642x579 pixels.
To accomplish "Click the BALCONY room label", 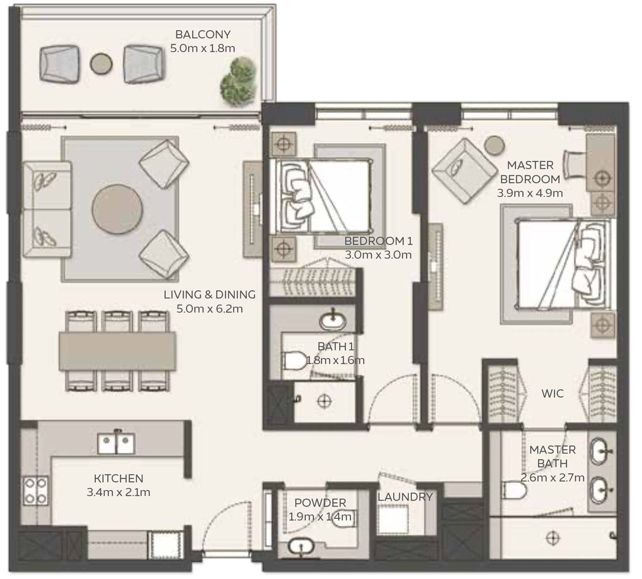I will click(203, 35).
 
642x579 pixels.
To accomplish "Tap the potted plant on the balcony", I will click(238, 80).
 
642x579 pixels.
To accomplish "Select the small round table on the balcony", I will click(101, 63).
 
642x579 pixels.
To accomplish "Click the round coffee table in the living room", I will click(117, 208).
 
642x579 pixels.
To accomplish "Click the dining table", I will click(117, 351).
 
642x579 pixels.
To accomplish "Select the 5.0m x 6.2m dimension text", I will click(210, 309).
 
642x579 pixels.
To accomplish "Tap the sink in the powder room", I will click(300, 546).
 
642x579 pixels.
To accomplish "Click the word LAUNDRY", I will click(405, 497).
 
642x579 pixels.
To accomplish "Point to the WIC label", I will click(552, 393).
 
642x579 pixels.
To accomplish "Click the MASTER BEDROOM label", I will click(530, 172).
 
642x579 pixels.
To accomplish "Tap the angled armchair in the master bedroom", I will click(458, 164).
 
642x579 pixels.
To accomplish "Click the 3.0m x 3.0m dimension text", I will click(378, 255).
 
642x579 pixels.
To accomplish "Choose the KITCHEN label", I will click(118, 479).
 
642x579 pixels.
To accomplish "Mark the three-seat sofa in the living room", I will click(47, 210).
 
